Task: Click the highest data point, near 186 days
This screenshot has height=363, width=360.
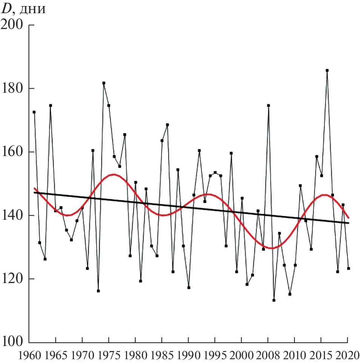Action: point(327,70)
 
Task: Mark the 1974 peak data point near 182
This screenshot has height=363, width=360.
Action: point(104,83)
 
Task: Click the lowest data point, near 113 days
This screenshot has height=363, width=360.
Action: point(274,300)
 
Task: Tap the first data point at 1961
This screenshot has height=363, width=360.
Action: point(34,112)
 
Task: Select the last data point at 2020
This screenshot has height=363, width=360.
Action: point(348,268)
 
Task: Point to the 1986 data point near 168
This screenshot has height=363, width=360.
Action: point(167,125)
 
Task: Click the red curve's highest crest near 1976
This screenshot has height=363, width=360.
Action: point(113,174)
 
